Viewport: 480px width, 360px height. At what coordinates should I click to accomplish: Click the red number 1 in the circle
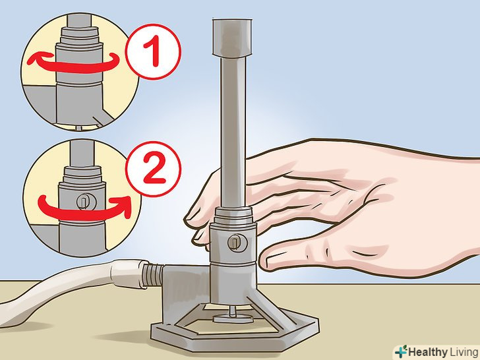pyautogui.click(x=152, y=51)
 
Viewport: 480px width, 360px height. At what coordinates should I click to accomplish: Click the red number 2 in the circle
pyautogui.click(x=154, y=169)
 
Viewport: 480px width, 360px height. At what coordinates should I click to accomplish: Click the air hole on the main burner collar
pyautogui.click(x=237, y=243)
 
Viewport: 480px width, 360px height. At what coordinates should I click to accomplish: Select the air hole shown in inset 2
pyautogui.click(x=85, y=201)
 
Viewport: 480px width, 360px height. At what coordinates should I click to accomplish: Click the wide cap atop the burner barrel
pyautogui.click(x=232, y=38)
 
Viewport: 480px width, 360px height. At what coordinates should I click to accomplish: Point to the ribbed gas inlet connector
pyautogui.click(x=153, y=275)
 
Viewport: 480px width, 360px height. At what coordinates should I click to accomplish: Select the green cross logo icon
pyautogui.click(x=401, y=351)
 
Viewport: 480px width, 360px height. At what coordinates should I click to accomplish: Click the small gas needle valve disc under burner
pyautogui.click(x=233, y=318)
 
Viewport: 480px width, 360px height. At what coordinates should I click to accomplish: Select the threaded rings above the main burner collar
pyautogui.click(x=233, y=216)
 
